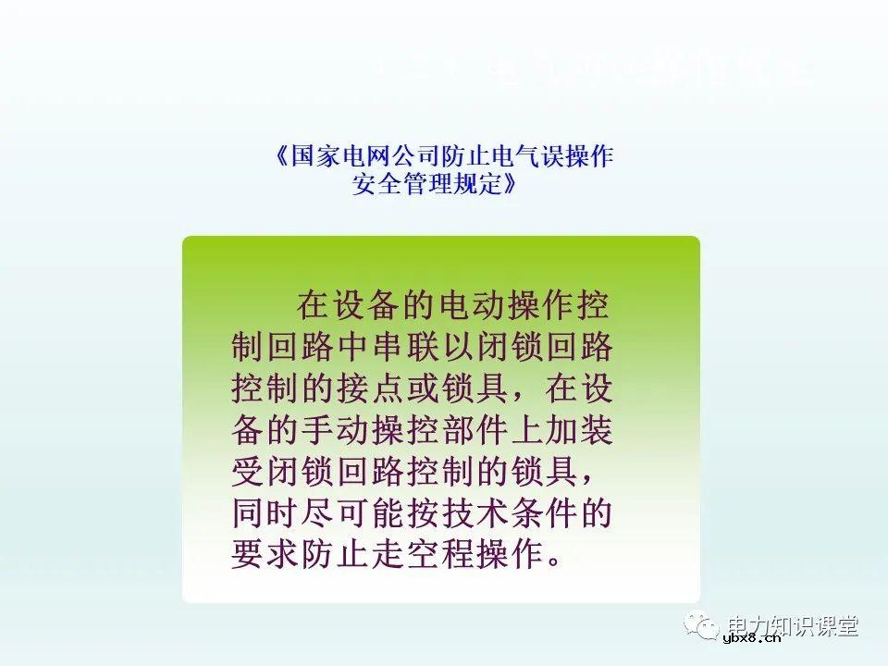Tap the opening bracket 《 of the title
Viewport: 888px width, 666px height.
(282, 156)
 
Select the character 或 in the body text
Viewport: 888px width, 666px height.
(450, 388)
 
